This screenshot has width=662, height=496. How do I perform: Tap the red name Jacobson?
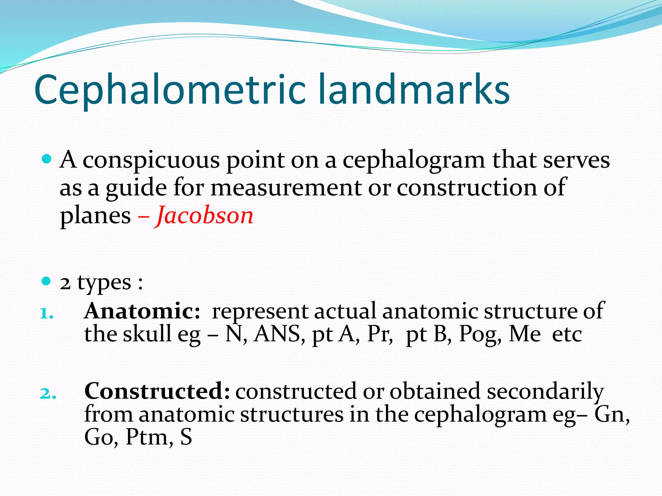pyautogui.click(x=205, y=215)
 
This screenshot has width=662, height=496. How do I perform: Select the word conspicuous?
pyautogui.click(x=151, y=160)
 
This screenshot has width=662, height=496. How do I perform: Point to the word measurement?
pyautogui.click(x=286, y=188)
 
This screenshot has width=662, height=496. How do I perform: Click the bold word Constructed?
pyautogui.click(x=157, y=391)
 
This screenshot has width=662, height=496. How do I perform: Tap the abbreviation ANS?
pyautogui.click(x=279, y=334)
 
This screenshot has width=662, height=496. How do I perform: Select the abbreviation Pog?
pyautogui.click(x=480, y=335)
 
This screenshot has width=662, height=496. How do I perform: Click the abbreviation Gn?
pyautogui.click(x=611, y=414)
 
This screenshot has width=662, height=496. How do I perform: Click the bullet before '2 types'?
pyautogui.click(x=47, y=281)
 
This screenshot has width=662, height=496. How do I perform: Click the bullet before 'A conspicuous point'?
pyautogui.click(x=47, y=159)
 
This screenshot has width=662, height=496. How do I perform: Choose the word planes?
pyautogui.click(x=95, y=216)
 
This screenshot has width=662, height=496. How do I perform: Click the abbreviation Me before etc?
pyautogui.click(x=525, y=334)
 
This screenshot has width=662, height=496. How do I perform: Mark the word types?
pyautogui.click(x=104, y=283)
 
